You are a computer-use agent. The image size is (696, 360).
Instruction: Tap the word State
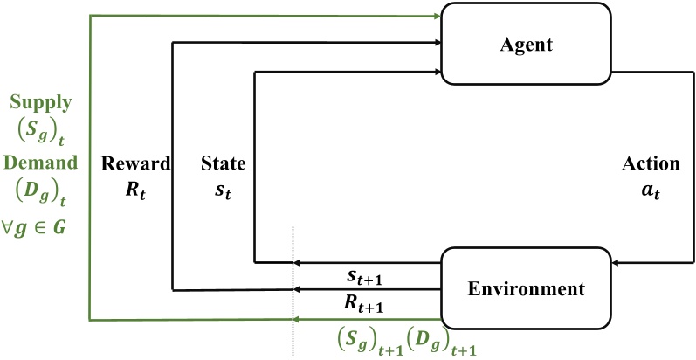click(x=223, y=163)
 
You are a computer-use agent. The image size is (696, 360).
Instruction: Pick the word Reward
click(x=135, y=163)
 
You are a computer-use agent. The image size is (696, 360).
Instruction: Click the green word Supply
click(x=40, y=102)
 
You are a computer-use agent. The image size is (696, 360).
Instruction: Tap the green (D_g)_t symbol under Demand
click(x=42, y=191)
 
